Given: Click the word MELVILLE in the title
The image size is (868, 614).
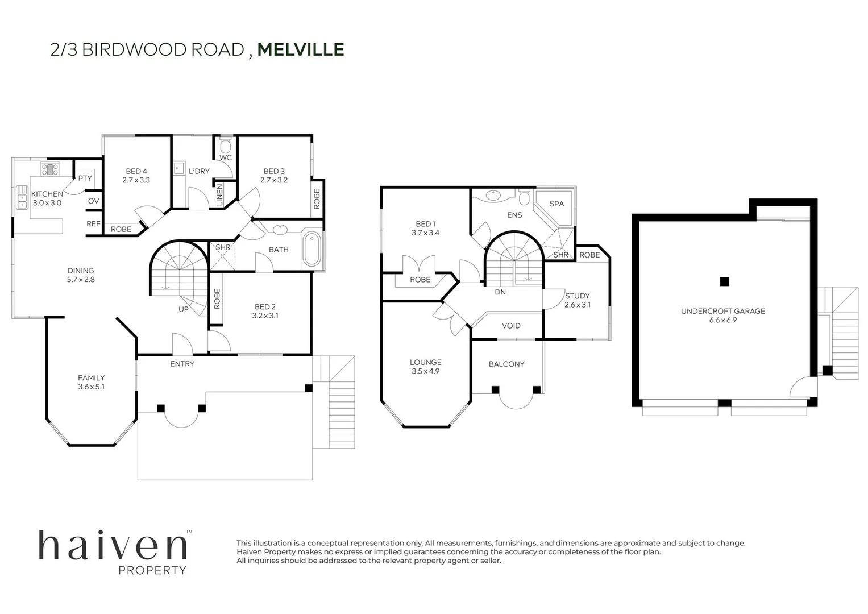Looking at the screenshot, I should [x=301, y=49].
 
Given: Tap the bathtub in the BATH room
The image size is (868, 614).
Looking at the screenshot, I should [x=312, y=248].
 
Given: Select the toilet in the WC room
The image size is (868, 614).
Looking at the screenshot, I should [x=226, y=141].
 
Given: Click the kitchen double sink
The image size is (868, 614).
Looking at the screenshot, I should [x=22, y=197].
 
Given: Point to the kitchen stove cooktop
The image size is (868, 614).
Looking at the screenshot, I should [x=50, y=168].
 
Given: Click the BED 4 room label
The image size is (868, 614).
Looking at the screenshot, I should [x=136, y=171].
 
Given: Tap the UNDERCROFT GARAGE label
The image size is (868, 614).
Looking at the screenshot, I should [x=722, y=311].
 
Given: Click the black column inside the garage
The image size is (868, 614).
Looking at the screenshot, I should [x=724, y=281].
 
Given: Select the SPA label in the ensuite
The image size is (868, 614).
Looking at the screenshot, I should [x=556, y=204].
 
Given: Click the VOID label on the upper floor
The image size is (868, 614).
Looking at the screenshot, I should [x=511, y=326].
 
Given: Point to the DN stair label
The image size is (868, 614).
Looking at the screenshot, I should [x=500, y=292].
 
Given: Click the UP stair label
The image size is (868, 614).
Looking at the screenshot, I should [x=184, y=309].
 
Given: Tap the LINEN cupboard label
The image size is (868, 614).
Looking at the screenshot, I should [x=219, y=194].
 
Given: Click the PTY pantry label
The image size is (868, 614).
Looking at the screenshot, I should [x=85, y=178].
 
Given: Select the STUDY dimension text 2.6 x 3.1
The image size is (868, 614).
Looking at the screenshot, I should [x=578, y=305].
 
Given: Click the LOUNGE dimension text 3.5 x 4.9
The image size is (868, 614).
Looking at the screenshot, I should [x=425, y=371].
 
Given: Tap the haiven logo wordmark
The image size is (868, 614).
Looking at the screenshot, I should [x=113, y=546].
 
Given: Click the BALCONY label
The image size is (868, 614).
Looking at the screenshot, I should [x=506, y=364].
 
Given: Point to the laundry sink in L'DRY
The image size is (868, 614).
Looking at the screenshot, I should [x=178, y=168].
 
